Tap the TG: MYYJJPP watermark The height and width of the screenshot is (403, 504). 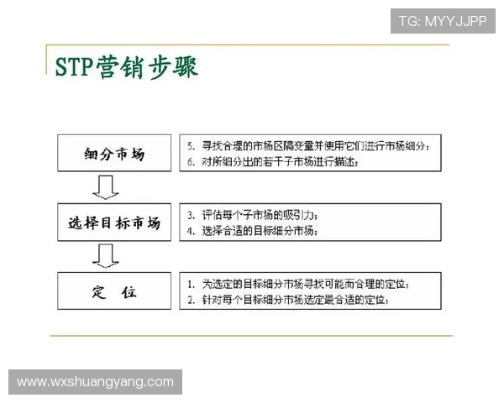(442, 21)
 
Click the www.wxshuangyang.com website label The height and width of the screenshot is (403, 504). (95, 381)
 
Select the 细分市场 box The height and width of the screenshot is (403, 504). (115, 154)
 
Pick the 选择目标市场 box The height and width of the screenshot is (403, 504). (115, 223)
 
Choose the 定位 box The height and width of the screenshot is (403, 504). (115, 292)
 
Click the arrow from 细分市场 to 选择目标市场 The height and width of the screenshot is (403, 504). (106, 187)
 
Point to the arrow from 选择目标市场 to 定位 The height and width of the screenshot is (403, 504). (106, 255)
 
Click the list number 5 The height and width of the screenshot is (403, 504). (191, 145)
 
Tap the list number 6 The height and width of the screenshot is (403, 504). (191, 162)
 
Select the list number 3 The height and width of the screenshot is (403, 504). (191, 214)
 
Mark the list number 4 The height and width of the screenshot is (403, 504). (191, 230)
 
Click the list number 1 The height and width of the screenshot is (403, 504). (191, 283)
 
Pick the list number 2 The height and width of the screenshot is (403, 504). (191, 299)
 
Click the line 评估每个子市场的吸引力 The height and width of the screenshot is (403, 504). (260, 214)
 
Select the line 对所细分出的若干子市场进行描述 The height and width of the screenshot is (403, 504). (278, 162)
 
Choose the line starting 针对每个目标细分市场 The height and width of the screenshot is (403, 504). (293, 299)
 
